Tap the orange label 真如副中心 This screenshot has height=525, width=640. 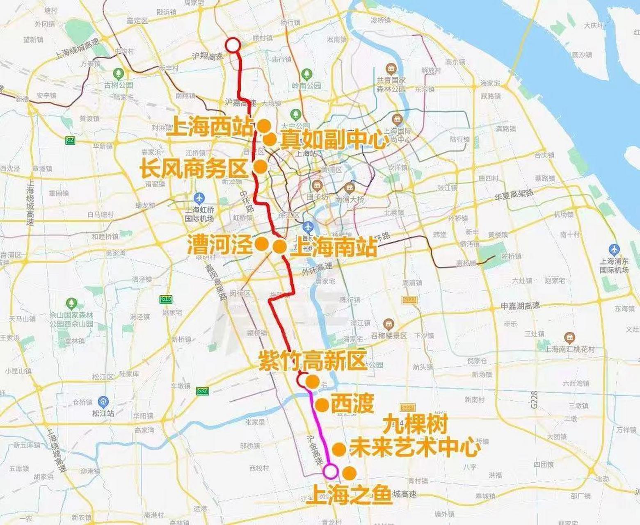[334, 141]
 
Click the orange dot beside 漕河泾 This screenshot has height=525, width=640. [261, 244]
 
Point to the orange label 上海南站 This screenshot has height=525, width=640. [333, 247]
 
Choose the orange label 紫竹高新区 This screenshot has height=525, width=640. [312, 361]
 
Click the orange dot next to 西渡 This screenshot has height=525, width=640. [322, 405]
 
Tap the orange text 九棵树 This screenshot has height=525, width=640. [415, 425]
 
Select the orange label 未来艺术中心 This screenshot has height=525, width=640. [414, 448]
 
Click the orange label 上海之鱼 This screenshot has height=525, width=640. [350, 495]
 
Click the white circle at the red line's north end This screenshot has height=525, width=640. [233, 45]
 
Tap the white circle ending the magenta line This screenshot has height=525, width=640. [330, 471]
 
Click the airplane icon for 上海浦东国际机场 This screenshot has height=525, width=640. [614, 249]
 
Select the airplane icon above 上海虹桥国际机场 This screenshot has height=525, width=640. [199, 198]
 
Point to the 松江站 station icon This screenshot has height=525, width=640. [103, 402]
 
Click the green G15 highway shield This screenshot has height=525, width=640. [166, 299]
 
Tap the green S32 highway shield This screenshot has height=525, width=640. [202, 391]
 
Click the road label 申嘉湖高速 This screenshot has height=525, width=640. [520, 306]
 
